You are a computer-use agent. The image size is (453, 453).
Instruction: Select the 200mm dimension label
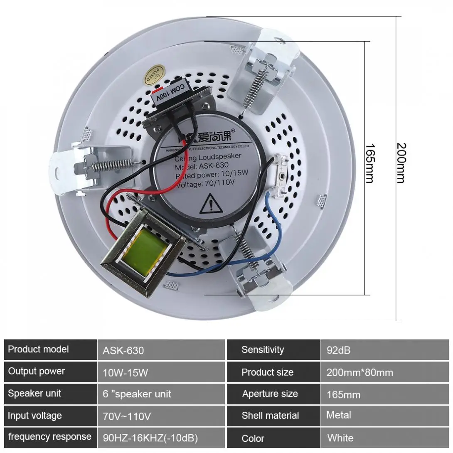point(401,163)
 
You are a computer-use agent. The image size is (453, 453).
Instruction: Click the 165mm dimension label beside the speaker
point(369,163)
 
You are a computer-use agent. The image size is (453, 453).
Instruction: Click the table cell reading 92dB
point(338,350)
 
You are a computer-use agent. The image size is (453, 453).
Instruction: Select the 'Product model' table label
point(38,349)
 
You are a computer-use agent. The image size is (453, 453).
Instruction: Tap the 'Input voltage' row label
point(35,416)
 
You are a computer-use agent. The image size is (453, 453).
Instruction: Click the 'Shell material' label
point(270,416)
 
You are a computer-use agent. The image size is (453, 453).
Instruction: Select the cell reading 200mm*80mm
point(359,372)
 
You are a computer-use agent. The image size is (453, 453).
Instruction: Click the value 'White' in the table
point(340,438)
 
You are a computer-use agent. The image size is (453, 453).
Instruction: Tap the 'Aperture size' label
point(270,394)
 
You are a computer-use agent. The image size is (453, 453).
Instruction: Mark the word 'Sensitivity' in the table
point(262,350)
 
